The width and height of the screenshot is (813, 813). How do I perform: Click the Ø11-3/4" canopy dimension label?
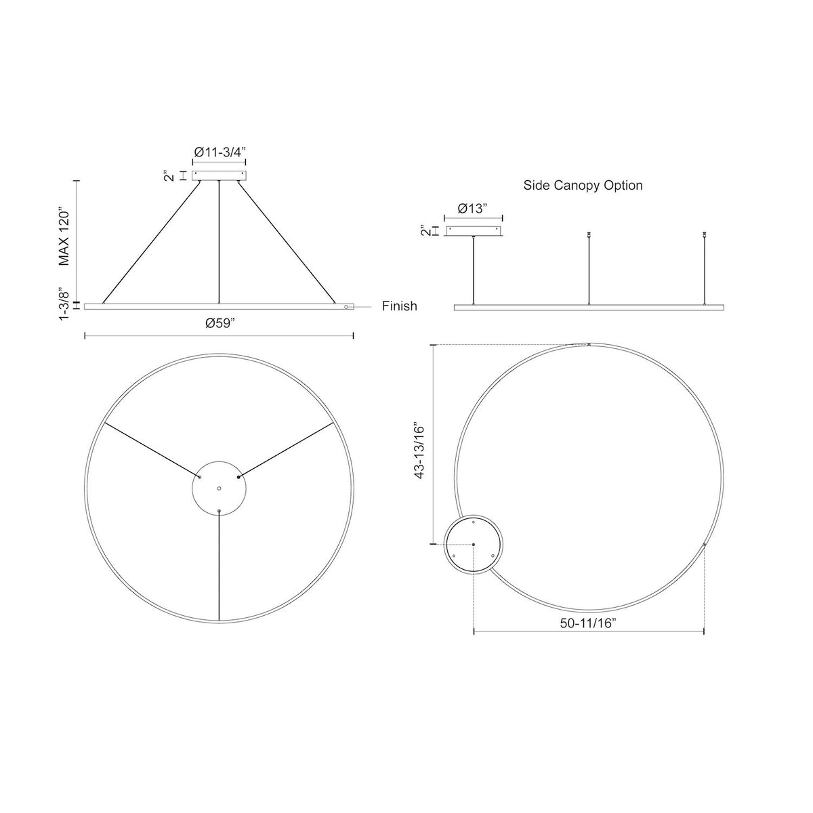pos(219,152)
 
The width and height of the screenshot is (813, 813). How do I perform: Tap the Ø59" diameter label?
pos(220,323)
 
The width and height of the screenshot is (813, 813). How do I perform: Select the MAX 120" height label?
pos(64,236)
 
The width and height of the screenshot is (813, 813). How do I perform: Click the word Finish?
pos(399,306)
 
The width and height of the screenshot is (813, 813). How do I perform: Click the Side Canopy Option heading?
pos(583,185)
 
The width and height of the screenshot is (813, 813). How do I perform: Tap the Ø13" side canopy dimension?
pos(472,209)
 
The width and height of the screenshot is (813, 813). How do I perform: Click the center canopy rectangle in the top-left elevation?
pos(219,175)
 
